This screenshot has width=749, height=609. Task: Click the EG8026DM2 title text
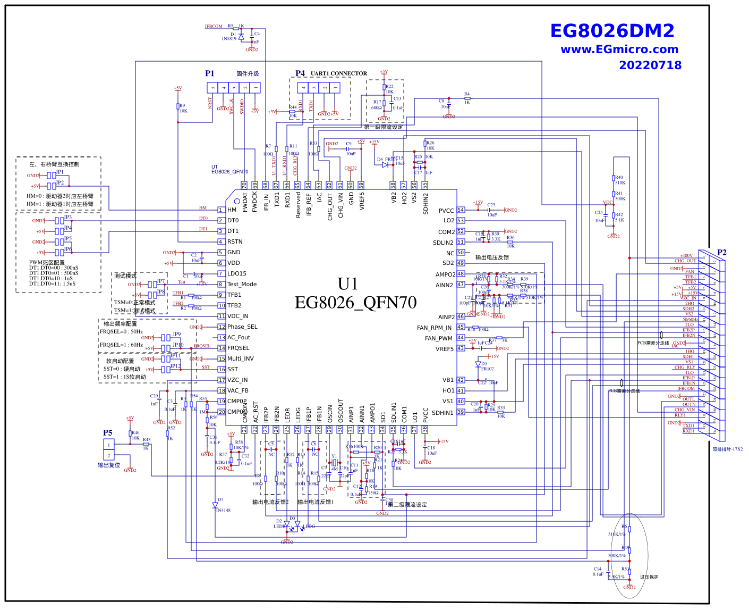612,31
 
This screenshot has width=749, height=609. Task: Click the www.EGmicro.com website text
619,49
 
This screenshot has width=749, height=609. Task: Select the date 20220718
650,65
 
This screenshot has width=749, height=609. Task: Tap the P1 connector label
210,73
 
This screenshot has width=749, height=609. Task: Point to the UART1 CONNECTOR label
338,73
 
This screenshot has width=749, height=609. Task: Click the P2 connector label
721,252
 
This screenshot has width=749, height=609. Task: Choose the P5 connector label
108,433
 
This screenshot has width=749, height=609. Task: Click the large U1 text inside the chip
348,283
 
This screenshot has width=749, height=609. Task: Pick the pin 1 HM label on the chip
232,210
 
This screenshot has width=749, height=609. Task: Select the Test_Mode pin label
242,284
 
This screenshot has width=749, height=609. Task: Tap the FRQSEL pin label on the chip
238,348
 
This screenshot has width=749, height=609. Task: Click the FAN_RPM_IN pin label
434,328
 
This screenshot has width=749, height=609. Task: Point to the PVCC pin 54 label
446,211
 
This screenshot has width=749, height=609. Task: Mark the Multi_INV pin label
240,358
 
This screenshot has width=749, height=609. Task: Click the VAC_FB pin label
237,390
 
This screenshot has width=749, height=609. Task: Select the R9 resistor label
182,106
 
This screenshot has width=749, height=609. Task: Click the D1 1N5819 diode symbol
241,37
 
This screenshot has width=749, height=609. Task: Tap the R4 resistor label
467,94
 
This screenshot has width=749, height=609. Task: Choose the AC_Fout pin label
239,337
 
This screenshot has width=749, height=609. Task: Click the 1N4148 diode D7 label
223,510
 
